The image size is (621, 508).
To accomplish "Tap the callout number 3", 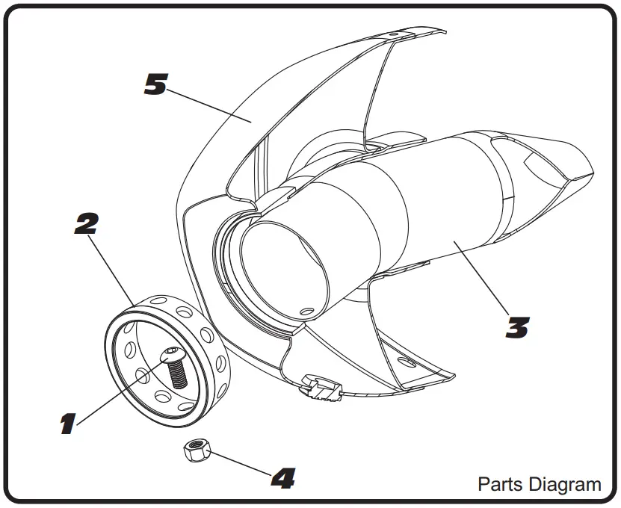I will coord(516,327).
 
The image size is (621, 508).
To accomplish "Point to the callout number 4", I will coord(282,478).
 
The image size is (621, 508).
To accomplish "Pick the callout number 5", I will coord(155,84).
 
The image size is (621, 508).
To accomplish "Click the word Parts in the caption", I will coord(498,484).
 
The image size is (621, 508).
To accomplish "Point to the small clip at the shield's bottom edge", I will coord(323,388).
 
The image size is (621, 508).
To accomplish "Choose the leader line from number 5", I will coord(209,105).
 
